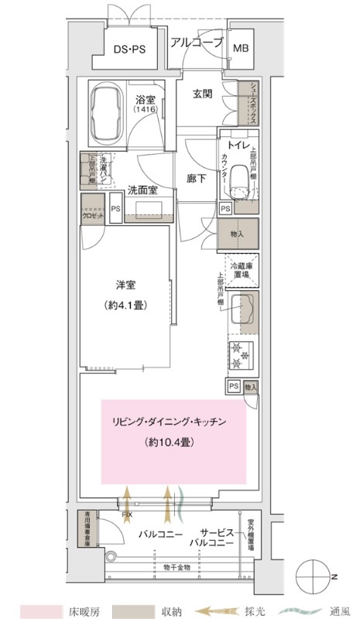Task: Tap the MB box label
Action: pos(242,47)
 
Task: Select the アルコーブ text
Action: pos(197,43)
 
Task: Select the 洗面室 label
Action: pos(143,190)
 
